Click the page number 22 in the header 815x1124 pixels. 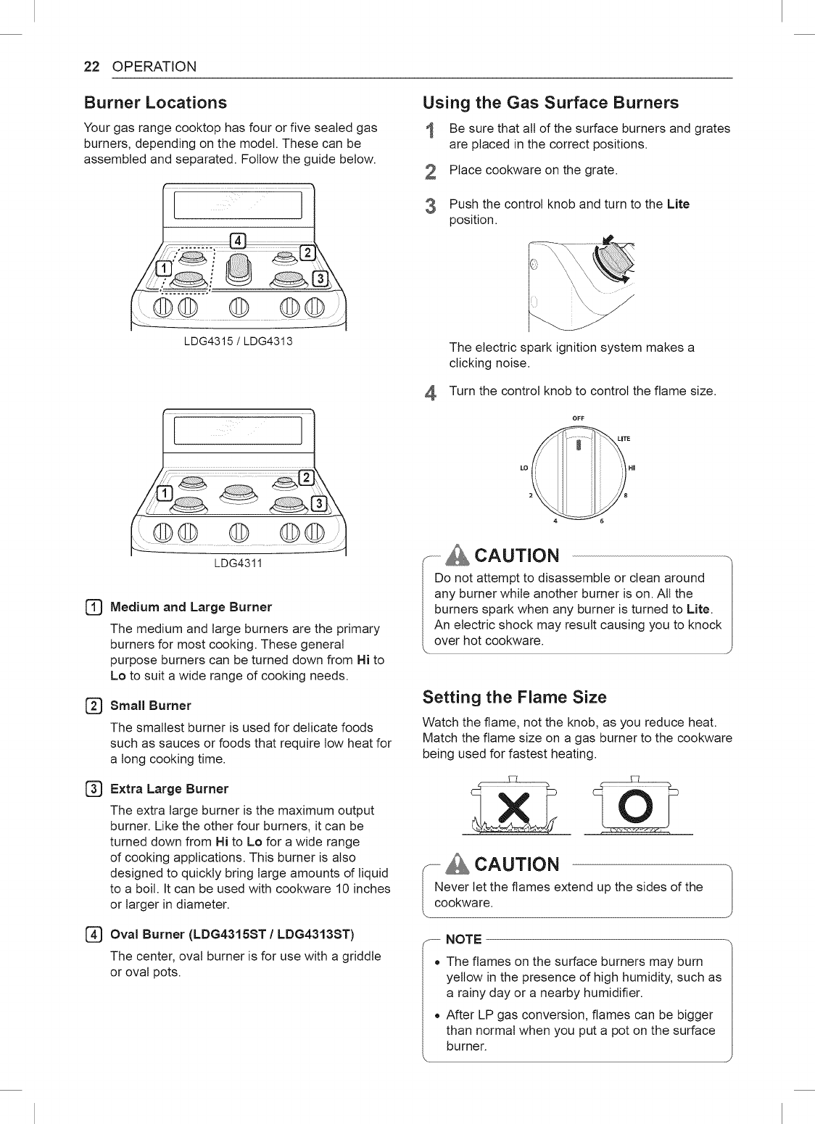tap(92, 67)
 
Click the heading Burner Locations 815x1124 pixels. tap(155, 102)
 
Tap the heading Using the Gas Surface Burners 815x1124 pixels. tap(550, 102)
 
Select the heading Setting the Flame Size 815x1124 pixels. tap(514, 698)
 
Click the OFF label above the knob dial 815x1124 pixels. tap(578, 418)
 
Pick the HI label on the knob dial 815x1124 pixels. tap(632, 468)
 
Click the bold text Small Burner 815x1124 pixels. tap(150, 706)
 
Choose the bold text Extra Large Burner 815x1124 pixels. tap(169, 788)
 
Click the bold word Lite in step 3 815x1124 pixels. tap(678, 204)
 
